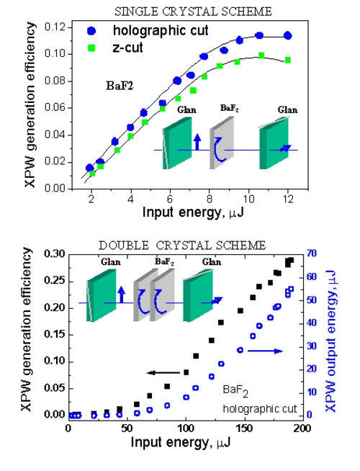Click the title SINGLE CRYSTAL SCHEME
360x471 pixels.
pyautogui.click(x=194, y=12)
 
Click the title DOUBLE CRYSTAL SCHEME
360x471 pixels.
pyautogui.click(x=182, y=246)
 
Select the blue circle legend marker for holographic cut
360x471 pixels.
pyautogui.click(x=91, y=31)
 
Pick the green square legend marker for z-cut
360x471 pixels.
pyautogui.click(x=91, y=48)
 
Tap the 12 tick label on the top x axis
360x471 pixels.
pyautogui.click(x=288, y=199)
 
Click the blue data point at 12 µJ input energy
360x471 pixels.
pyautogui.click(x=287, y=35)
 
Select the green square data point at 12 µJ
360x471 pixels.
pyautogui.click(x=288, y=60)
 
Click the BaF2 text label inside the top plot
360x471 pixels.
pyautogui.click(x=120, y=86)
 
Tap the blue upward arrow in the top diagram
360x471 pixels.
pyautogui.click(x=197, y=142)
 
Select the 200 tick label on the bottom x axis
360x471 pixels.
pyautogui.click(x=302, y=429)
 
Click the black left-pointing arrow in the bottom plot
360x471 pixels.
pyautogui.click(x=163, y=373)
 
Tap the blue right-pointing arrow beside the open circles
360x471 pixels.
pyautogui.click(x=265, y=351)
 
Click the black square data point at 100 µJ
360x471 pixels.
pyautogui.click(x=186, y=372)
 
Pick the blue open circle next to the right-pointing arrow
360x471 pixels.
pyautogui.click(x=240, y=350)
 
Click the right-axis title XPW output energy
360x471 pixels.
pyautogui.click(x=330, y=341)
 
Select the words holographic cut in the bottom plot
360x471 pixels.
pyautogui.click(x=260, y=409)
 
